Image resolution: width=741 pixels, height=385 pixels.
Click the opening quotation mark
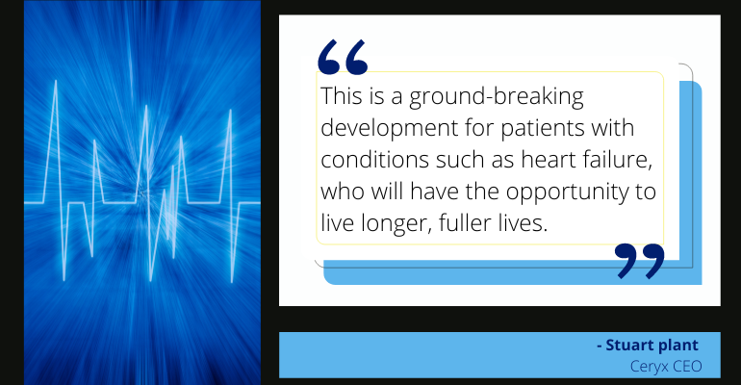click(343, 57)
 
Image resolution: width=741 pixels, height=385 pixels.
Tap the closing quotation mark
click(640, 260)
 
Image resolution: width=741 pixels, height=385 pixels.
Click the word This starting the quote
click(341, 97)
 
